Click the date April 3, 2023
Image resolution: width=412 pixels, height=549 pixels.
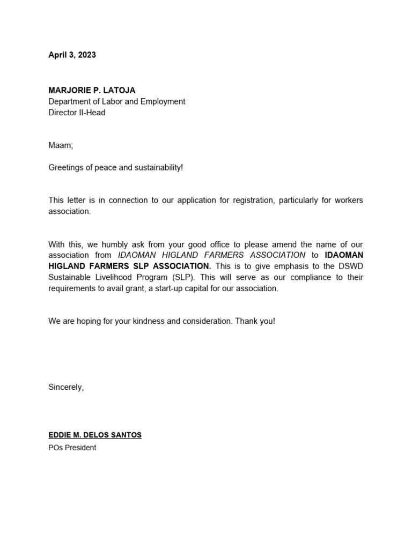tap(72, 55)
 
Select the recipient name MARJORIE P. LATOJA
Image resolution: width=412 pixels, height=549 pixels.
tap(92, 90)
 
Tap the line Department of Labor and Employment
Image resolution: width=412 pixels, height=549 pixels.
tap(116, 101)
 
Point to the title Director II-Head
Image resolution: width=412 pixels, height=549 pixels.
tap(77, 113)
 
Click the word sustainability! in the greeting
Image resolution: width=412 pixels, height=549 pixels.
tap(158, 167)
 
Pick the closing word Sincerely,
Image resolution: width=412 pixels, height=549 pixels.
tap(66, 387)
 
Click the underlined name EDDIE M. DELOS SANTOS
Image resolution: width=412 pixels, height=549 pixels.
tap(95, 435)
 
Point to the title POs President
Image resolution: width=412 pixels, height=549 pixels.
tap(72, 448)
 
